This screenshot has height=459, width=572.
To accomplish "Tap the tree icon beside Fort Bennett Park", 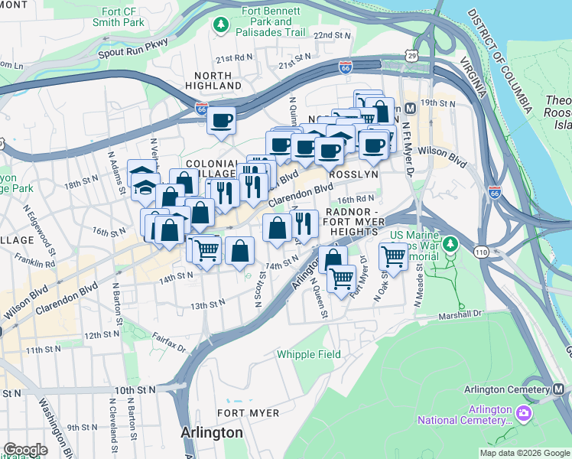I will (221, 26).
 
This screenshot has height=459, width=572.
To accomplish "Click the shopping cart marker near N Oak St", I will (393, 256).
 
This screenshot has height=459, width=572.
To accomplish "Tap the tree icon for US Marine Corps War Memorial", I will (450, 244).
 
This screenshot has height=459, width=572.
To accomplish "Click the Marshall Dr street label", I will (461, 314).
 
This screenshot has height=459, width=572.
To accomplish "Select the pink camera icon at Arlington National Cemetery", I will (523, 414).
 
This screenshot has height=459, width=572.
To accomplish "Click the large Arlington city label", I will (212, 432).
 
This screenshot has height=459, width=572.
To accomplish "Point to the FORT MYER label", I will (242, 412).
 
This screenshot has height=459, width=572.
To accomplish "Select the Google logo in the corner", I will (25, 449).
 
